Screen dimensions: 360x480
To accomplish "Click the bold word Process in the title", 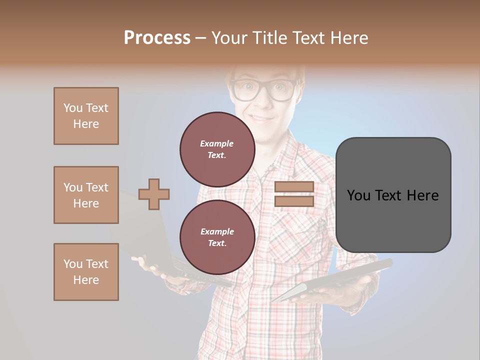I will [157, 37].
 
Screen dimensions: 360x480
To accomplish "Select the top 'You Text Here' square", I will [86, 116].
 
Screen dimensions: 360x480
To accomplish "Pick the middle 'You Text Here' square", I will [86, 195].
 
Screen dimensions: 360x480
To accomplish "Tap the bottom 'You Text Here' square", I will [86, 272].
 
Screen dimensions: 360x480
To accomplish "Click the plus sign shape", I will [154, 194].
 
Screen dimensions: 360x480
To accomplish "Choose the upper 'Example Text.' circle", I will [217, 149].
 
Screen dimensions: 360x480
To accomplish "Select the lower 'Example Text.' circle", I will [217, 237].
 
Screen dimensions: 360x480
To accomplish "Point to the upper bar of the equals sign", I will [294, 187].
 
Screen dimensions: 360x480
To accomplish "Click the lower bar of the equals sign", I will [294, 201].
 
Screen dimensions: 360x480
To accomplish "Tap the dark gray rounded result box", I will [393, 195].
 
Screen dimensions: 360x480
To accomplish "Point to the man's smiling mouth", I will [262, 119].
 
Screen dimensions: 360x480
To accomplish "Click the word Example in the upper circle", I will [217, 143].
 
